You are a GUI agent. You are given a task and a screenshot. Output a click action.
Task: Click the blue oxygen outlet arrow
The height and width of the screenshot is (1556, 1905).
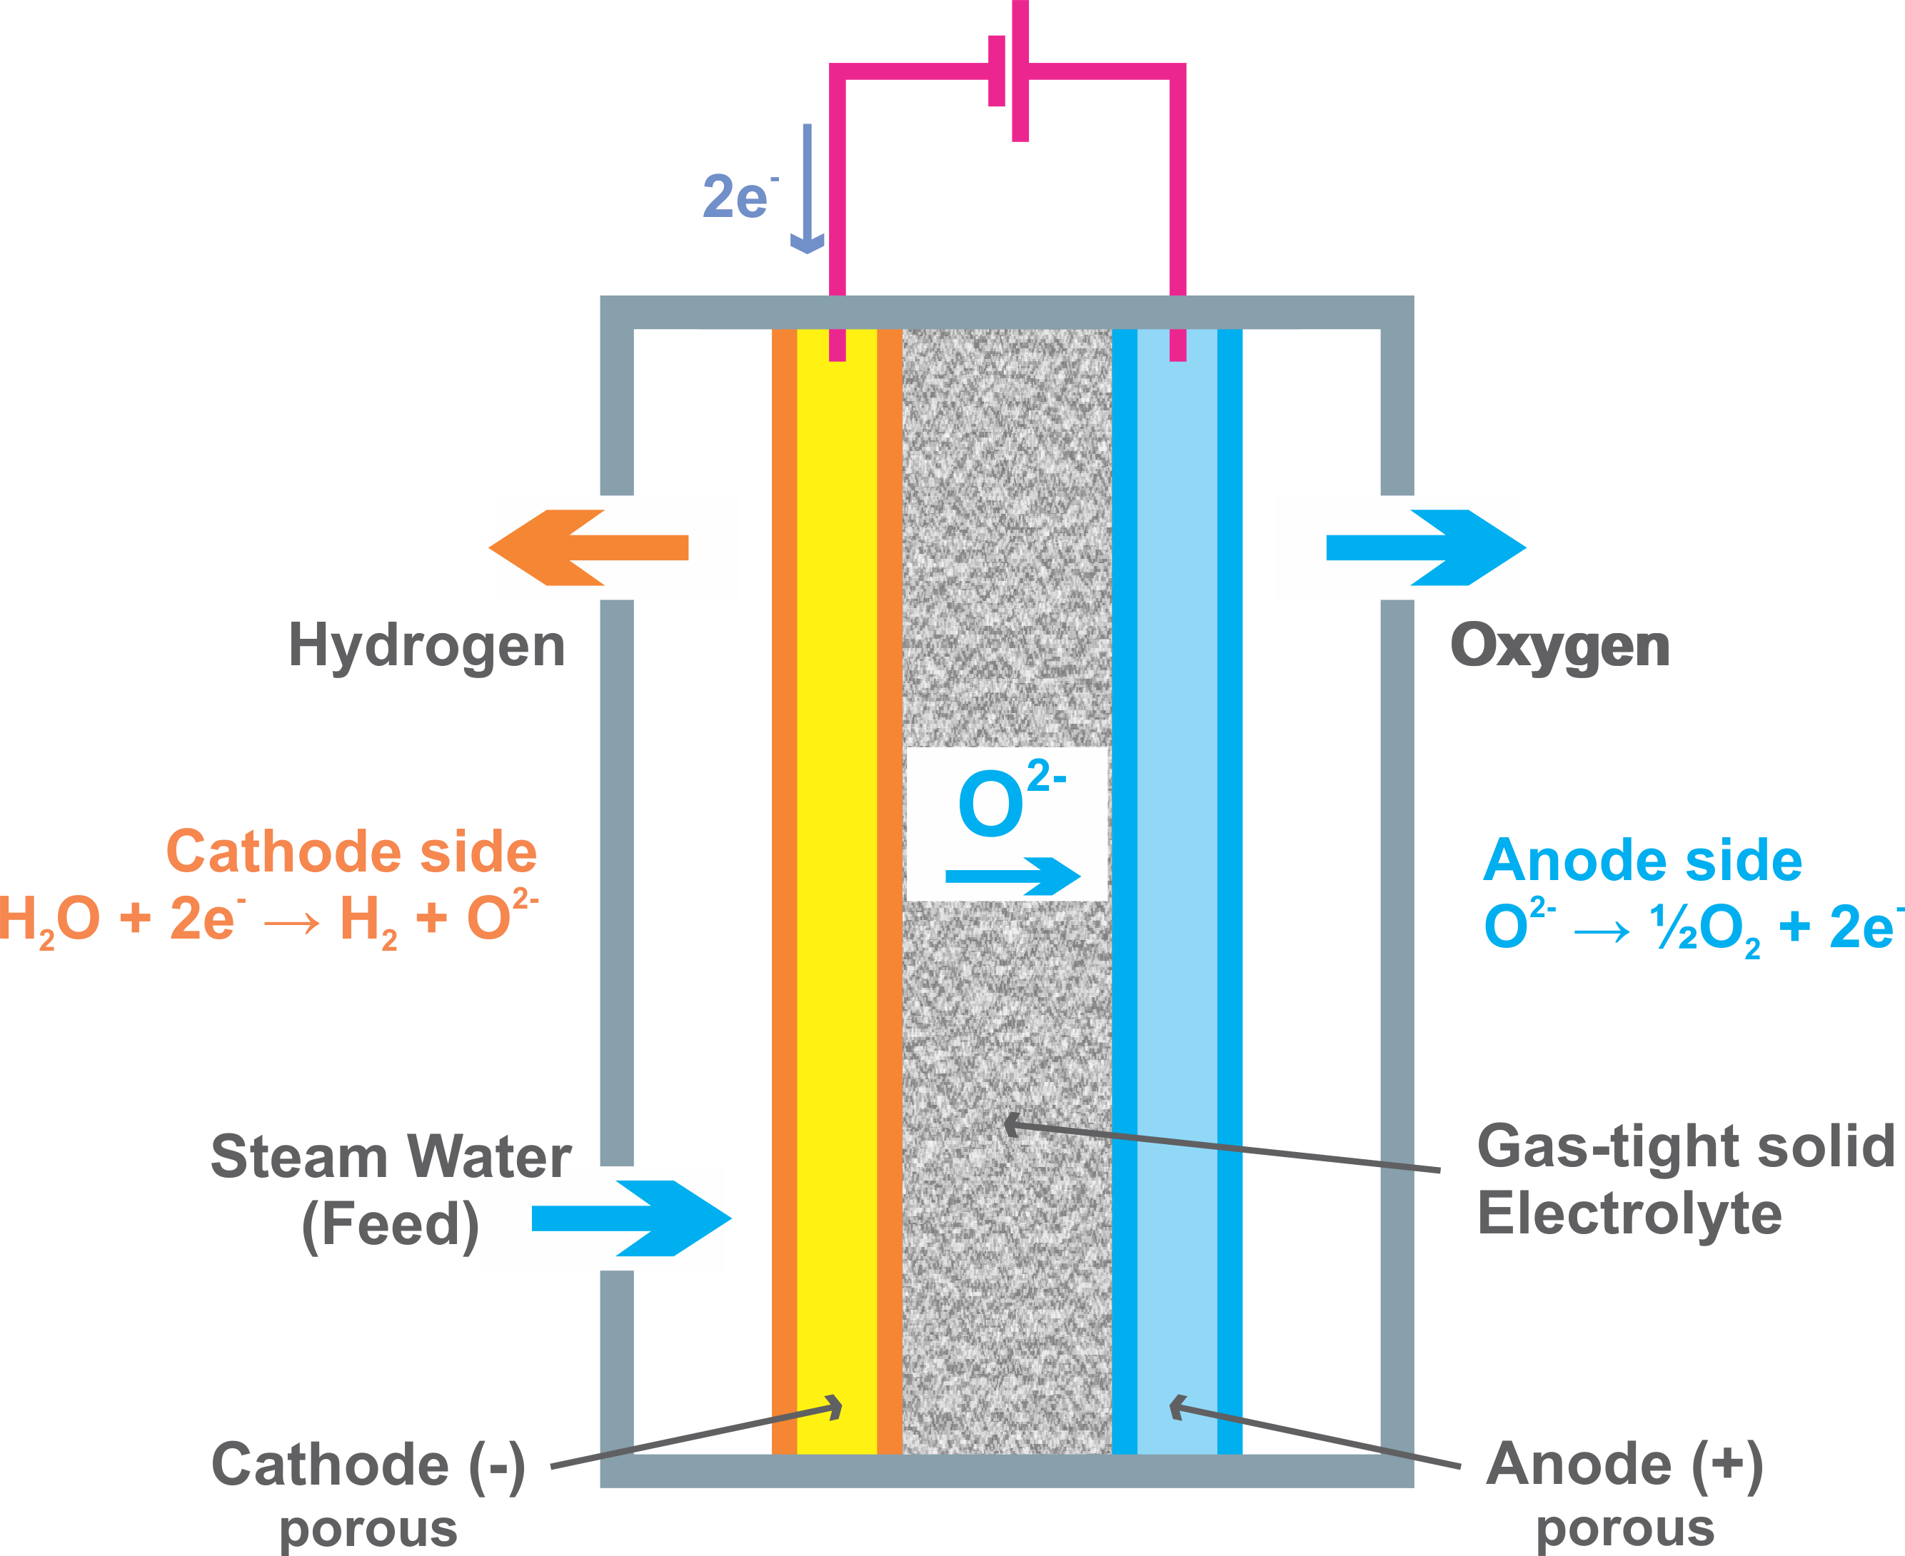point(1425,547)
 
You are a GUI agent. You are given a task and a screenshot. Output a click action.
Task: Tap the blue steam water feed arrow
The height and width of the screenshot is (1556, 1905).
point(631,1218)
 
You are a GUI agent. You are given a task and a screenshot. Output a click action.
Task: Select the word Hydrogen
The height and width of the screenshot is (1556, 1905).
point(427,646)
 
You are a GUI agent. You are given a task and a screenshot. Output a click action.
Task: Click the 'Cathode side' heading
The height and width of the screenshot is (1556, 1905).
point(351,852)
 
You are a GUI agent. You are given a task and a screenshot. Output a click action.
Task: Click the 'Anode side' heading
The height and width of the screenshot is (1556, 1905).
point(1642,861)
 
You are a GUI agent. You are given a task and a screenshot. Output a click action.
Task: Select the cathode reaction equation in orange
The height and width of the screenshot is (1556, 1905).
point(269,919)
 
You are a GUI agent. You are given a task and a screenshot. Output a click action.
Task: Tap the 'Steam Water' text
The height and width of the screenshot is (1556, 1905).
point(391,1156)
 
